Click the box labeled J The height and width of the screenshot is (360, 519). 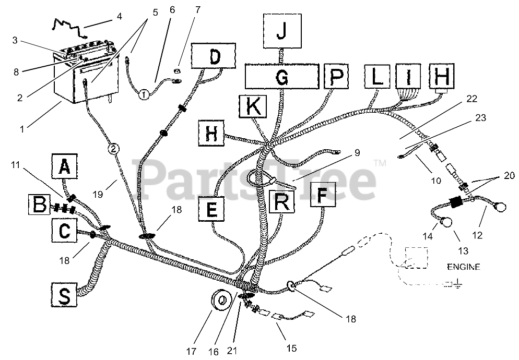coord(281,31)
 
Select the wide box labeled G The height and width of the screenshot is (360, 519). coord(281,77)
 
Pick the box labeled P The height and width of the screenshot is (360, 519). coord(336,77)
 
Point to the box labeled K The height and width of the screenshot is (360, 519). coord(253,107)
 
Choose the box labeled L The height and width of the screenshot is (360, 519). coord(377,77)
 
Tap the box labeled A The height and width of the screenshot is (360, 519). coord(64,166)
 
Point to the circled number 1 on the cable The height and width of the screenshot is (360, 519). coord(143,94)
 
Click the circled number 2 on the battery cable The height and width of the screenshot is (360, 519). coord(114,149)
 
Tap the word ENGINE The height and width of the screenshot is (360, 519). coord(463,267)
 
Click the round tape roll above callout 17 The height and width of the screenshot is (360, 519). coord(222,300)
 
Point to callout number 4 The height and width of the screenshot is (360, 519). coord(120,16)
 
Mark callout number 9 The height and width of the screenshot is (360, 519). coord(357,153)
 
